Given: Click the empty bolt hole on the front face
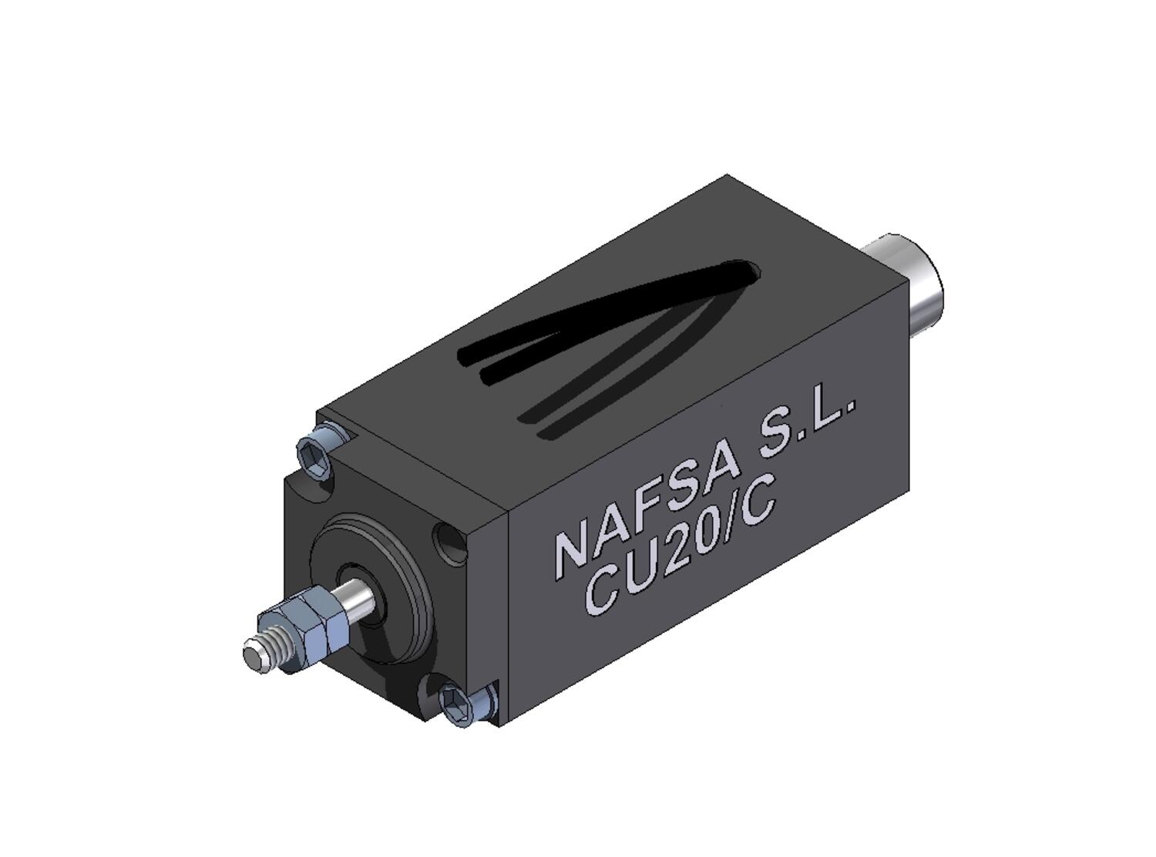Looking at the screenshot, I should pyautogui.click(x=449, y=543).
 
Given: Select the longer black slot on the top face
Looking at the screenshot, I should pyautogui.click(x=601, y=308).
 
